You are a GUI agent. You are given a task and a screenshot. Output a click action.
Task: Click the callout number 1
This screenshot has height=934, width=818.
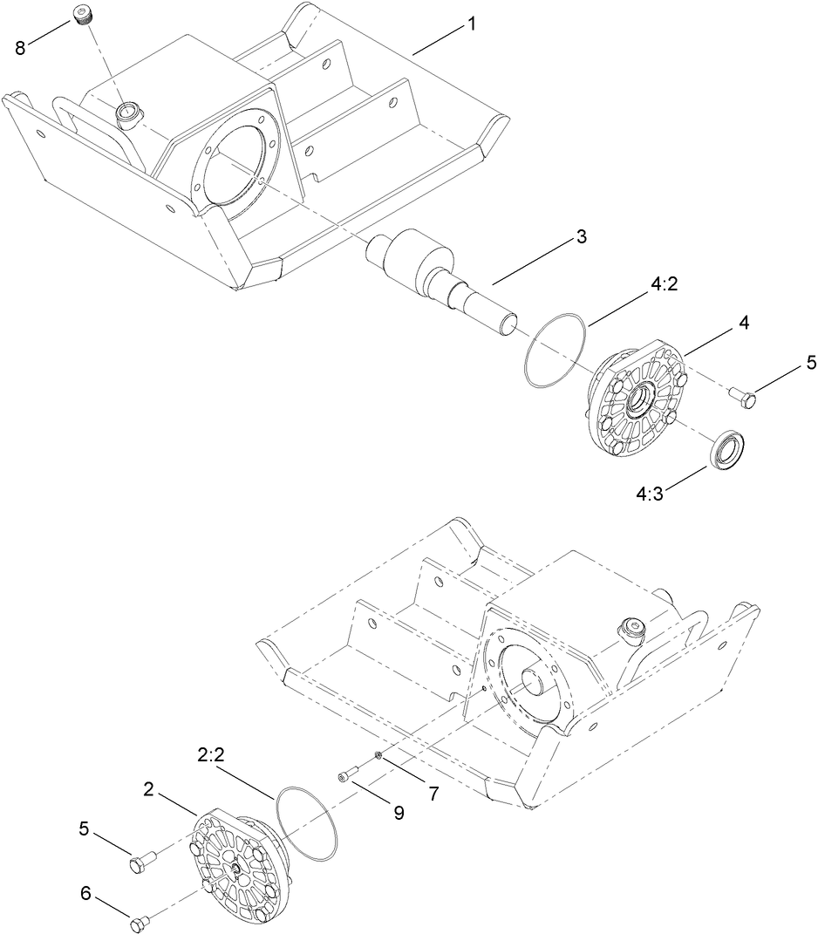click(471, 24)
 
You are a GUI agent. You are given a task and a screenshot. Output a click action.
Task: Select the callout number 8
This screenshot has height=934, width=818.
click(20, 48)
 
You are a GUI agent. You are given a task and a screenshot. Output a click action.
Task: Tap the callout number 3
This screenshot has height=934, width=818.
click(580, 236)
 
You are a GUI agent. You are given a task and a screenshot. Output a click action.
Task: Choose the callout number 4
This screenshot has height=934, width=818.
click(743, 323)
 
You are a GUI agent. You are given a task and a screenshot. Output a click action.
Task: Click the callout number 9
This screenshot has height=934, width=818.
click(398, 812)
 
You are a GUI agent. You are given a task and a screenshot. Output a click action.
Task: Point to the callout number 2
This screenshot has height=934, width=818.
click(149, 790)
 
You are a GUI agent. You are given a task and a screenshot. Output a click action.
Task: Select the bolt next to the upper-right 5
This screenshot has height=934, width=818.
click(742, 397)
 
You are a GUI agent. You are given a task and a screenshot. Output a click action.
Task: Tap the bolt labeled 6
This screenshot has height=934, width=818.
click(139, 921)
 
